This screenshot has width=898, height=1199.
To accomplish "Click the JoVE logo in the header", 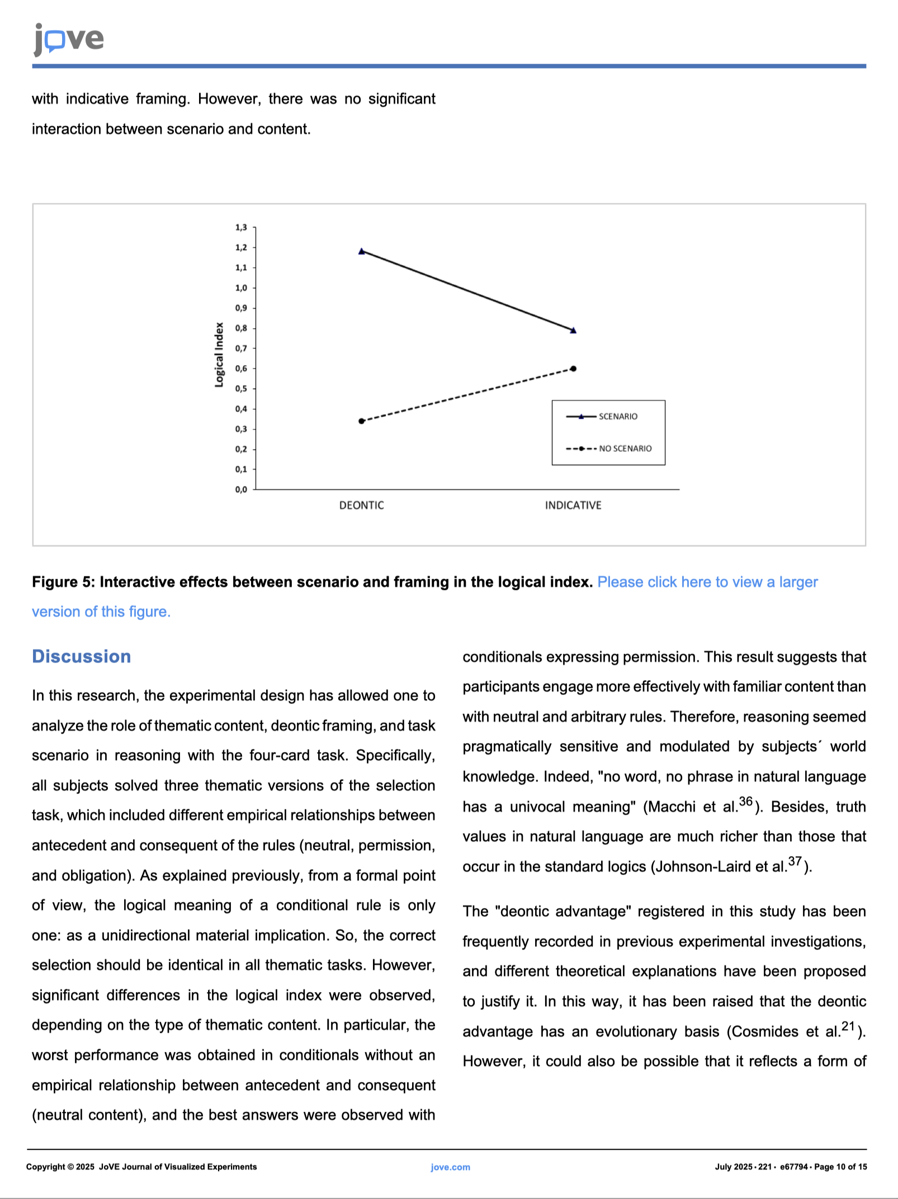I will coord(69,39).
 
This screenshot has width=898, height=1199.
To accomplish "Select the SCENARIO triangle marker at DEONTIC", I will coord(362,252).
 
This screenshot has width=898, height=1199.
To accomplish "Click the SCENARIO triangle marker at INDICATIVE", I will coord(573,331).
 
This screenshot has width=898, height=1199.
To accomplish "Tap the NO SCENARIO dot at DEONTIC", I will coord(362,421).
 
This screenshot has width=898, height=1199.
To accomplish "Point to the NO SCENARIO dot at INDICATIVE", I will coord(573,369).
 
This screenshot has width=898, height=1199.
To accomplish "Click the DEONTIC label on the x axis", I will coord(362,506).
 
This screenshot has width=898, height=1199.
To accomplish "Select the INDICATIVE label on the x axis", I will coord(573,506).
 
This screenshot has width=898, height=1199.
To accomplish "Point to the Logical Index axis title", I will coord(219,355).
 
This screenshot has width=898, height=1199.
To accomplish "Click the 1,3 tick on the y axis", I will coord(241,228).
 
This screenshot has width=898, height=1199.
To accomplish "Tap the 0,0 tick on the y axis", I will coord(241,490).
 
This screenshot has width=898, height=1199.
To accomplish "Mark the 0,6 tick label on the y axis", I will coord(241,369).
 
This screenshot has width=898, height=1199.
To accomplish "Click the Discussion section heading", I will coord(82,657).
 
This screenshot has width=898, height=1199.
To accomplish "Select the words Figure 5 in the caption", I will coord(61,582).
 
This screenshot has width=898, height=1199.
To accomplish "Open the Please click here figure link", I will coord(707,582).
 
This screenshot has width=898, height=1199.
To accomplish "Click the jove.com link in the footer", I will coord(450,1167).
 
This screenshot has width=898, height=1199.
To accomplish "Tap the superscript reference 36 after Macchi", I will coord(746,801).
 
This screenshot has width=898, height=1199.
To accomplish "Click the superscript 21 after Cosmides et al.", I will coord(848,1026).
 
